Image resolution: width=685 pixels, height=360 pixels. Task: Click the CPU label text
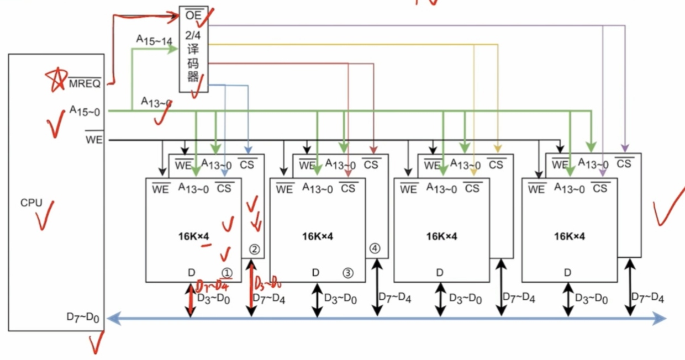tap(31, 203)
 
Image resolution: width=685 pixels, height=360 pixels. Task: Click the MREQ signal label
tap(85, 84)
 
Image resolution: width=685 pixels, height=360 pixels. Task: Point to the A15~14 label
tap(154, 40)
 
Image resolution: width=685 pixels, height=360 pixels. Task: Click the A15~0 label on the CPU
tap(88, 110)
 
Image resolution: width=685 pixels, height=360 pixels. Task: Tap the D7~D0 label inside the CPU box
tap(83, 317)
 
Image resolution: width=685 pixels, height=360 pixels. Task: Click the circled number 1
tap(226, 272)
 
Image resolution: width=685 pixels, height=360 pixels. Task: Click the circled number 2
tap(254, 249)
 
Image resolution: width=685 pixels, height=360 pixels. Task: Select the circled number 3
tap(347, 272)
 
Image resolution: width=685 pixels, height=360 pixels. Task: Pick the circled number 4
tap(375, 248)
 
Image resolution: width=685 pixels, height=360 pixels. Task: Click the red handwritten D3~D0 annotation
tap(267, 283)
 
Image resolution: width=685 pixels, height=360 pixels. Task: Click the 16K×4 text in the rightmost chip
tap(570, 236)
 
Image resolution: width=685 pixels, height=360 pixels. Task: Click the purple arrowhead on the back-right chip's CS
tap(625, 149)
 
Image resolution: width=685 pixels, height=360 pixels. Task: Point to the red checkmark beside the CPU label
tap(45, 214)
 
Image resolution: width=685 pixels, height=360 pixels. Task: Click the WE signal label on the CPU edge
tap(94, 140)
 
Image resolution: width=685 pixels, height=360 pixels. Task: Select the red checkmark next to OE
tap(205, 17)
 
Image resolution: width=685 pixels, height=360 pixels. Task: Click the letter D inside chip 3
tap(315, 272)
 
